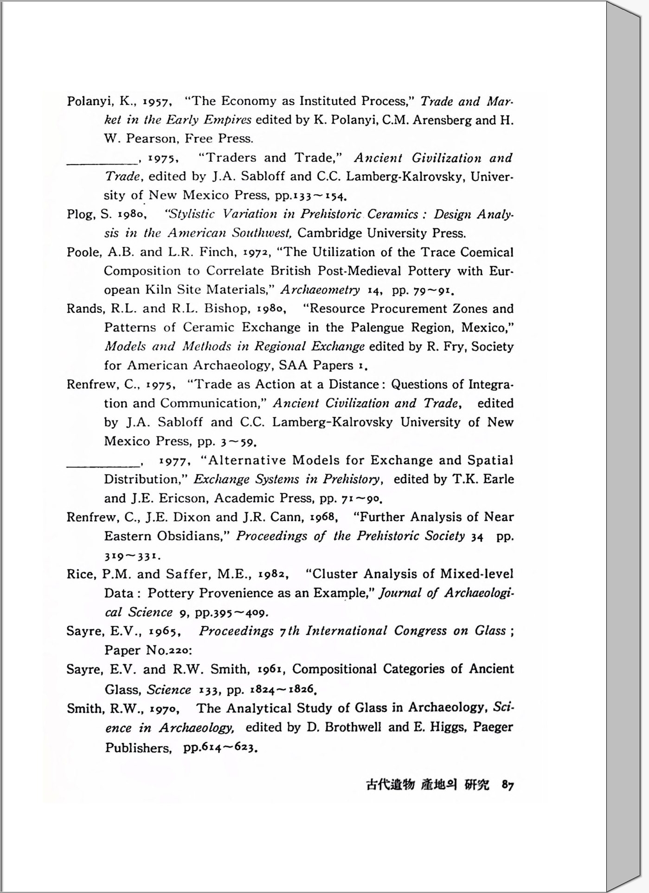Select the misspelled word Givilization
(x=446, y=158)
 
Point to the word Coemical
(x=487, y=252)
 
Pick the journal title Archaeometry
(x=320, y=290)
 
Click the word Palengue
(x=377, y=328)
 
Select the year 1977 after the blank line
(x=173, y=461)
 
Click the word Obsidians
(x=190, y=536)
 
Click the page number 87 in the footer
(x=508, y=785)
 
